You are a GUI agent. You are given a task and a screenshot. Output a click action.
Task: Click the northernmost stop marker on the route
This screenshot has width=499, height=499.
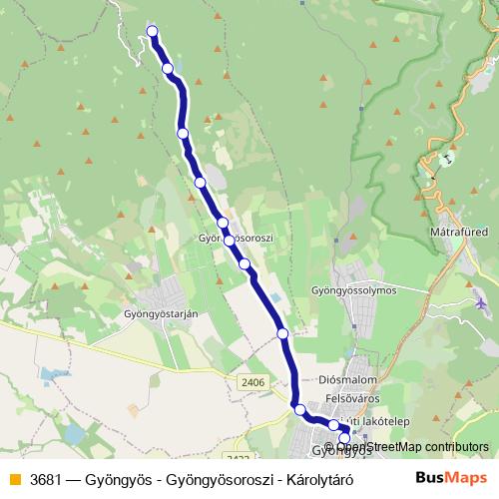click(x=153, y=31)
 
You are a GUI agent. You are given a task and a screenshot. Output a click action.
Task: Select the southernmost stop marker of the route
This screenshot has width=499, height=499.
click(x=345, y=438)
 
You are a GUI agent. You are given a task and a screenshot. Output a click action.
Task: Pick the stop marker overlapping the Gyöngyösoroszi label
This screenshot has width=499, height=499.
click(x=230, y=240)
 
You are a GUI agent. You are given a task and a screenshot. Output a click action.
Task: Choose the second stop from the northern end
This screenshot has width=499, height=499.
click(x=168, y=69)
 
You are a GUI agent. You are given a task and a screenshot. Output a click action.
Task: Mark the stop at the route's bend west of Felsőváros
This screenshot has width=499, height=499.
click(x=298, y=409)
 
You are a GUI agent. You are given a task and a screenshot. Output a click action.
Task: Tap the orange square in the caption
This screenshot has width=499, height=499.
click(x=14, y=478)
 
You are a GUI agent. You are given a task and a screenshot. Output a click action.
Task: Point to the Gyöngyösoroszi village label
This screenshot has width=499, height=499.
click(x=237, y=240)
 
